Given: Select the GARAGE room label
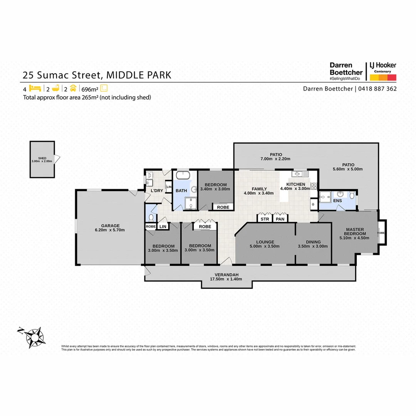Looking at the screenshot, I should pos(111,226).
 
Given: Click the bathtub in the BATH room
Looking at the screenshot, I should pos(183,176).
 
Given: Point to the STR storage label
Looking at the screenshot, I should pos(265,219).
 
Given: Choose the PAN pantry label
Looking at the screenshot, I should pos(280,219).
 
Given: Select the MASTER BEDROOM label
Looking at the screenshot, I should pos(355,231).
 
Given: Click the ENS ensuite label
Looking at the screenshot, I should pos(337,201).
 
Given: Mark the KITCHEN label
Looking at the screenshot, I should pos(295,184).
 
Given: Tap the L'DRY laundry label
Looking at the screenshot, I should pos(156,191).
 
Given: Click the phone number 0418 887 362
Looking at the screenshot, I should pos(377,89).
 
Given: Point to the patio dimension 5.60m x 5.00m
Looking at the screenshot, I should pos(348,169).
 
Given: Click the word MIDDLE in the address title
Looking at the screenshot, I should pos(123,75).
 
